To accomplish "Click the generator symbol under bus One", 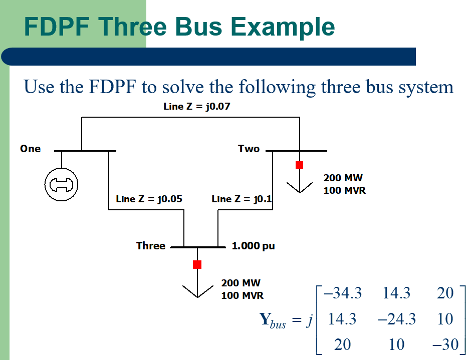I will pos(61,184).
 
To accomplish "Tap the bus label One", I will pos(31,149).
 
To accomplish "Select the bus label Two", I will pos(249,149).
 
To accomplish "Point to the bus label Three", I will pos(150,246).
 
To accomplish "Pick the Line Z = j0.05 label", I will pos(149,199).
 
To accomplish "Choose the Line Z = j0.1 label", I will pos(242,199).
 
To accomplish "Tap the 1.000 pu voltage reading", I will pos(253,246).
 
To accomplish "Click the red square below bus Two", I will pos(299,165).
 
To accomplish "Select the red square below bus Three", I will pos(197,264).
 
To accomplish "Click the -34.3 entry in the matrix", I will pos(343,293).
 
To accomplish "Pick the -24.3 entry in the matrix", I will pos(396,319).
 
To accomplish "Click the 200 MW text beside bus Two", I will pos(343,178).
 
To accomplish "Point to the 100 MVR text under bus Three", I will pos(243,295).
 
